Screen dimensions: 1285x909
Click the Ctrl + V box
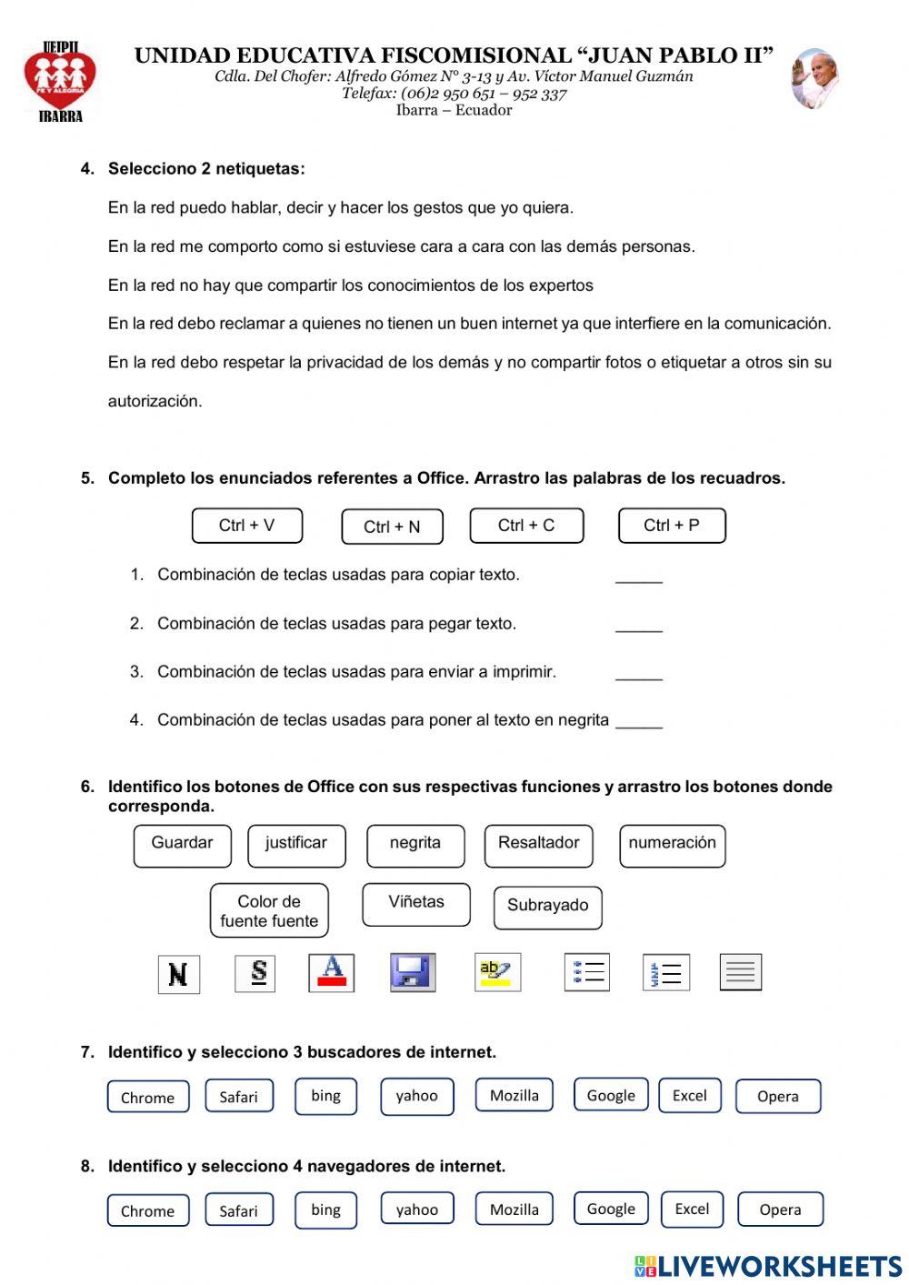coord(247,526)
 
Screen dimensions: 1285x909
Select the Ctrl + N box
coord(392,527)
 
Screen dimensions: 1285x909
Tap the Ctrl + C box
coord(526,526)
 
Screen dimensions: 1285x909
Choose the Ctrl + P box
coord(672,526)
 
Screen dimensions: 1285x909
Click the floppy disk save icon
coord(413,972)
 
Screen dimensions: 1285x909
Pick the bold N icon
coord(178,974)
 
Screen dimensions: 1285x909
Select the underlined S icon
coord(255,973)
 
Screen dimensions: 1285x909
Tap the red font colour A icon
coord(332,972)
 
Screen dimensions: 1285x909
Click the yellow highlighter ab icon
coord(497,972)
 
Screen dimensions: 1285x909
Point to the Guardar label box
coord(182,845)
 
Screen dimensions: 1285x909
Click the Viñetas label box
coord(416,904)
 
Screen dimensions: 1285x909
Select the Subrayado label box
coord(547,907)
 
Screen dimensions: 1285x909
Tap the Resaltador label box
coord(538,845)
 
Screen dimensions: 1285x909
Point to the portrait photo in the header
coord(814,79)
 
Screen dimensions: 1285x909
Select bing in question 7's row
coord(325,1096)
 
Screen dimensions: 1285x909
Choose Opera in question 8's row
coord(780,1210)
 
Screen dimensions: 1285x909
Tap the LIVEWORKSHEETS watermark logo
coord(768,1266)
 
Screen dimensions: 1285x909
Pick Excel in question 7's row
coord(689,1096)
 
